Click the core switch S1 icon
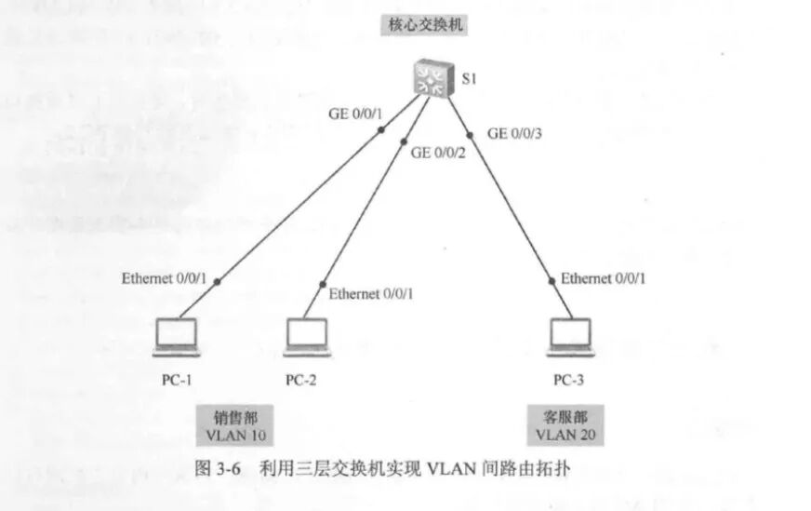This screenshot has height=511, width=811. [x=432, y=77]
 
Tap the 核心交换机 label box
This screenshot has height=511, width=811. [x=423, y=25]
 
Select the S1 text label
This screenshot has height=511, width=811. [x=470, y=79]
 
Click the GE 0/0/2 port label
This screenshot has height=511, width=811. [x=438, y=153]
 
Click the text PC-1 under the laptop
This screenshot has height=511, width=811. [x=176, y=380]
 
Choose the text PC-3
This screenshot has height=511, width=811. [x=569, y=380]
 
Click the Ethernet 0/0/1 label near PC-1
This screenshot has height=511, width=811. [x=164, y=278]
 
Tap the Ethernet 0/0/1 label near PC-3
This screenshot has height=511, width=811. [x=604, y=278]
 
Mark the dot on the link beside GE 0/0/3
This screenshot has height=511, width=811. [x=470, y=136]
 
